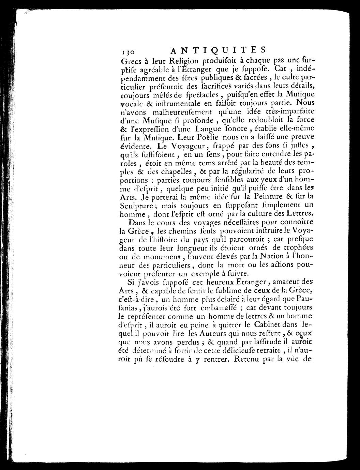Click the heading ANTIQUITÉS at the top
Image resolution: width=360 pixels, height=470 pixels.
(x=217, y=50)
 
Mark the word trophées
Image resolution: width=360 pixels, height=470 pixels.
(x=293, y=248)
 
